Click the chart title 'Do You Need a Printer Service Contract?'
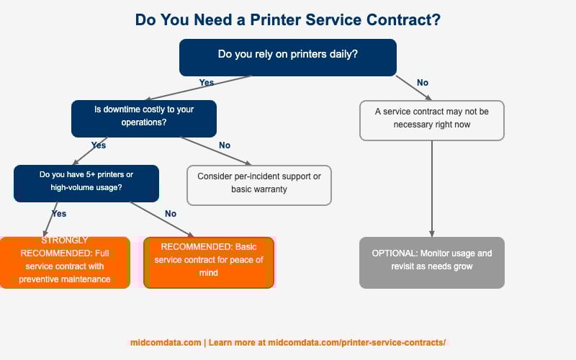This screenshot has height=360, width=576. click(x=288, y=20)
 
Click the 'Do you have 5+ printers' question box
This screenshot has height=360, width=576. click(x=86, y=183)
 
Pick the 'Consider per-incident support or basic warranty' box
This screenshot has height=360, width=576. click(x=259, y=184)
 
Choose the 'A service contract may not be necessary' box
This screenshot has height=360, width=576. click(x=431, y=120)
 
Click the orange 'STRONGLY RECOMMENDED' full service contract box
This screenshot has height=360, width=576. click(x=65, y=262)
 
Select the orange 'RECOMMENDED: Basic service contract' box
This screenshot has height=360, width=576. click(x=209, y=262)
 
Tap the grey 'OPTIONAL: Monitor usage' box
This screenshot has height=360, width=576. click(x=431, y=262)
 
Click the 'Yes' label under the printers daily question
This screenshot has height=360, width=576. click(x=207, y=83)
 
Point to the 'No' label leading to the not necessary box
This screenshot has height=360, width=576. click(x=423, y=83)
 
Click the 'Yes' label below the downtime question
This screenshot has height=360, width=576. click(x=99, y=145)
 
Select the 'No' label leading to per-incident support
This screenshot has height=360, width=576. click(x=225, y=145)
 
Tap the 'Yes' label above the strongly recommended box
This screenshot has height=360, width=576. click(x=59, y=214)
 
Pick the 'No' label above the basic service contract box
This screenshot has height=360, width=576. click(x=171, y=214)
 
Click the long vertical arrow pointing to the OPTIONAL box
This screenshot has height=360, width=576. click(x=431, y=187)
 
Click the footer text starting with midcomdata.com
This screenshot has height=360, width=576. click(x=288, y=343)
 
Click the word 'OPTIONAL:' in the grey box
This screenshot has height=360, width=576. click(x=394, y=254)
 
